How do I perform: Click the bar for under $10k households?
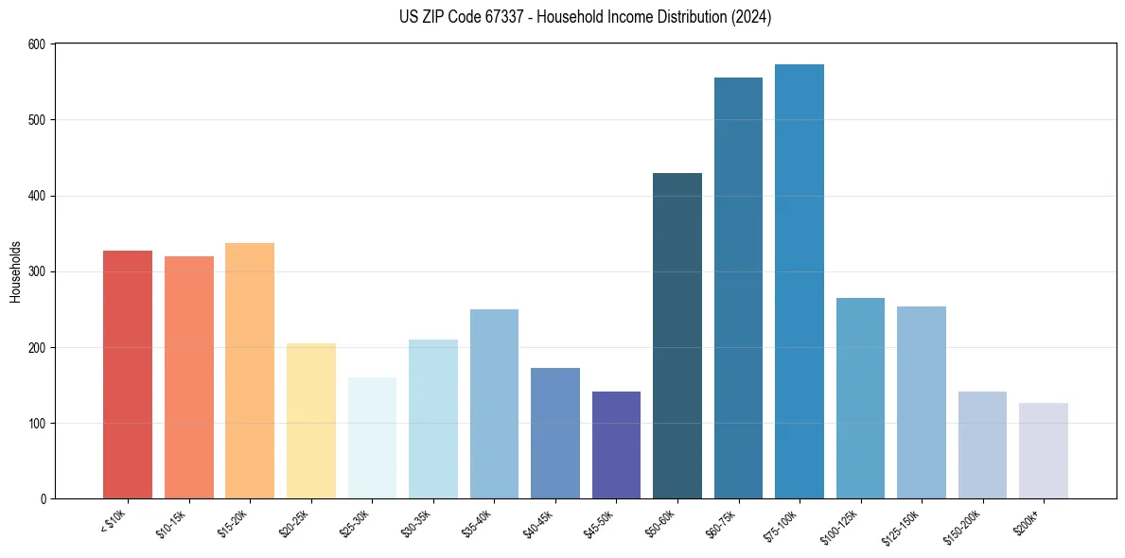click(x=128, y=375)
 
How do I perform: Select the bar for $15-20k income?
click(x=250, y=371)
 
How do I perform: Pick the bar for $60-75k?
click(x=738, y=288)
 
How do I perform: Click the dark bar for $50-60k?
click(x=677, y=336)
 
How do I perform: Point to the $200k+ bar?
click(x=1044, y=451)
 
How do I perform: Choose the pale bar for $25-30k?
click(x=372, y=438)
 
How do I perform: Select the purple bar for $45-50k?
click(x=616, y=445)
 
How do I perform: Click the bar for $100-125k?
click(x=860, y=398)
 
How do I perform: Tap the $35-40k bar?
click(x=494, y=404)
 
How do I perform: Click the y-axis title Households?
click(x=15, y=271)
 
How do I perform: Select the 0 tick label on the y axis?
click(x=44, y=499)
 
